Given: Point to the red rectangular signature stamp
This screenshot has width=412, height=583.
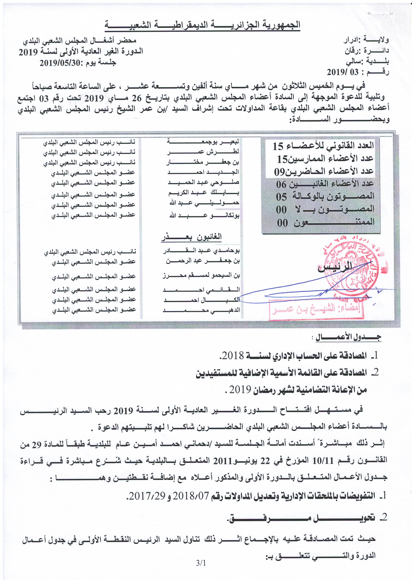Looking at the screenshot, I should [316, 310].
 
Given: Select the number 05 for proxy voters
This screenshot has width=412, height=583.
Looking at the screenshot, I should [281, 197].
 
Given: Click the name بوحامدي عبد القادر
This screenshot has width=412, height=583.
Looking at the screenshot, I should [201, 251].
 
